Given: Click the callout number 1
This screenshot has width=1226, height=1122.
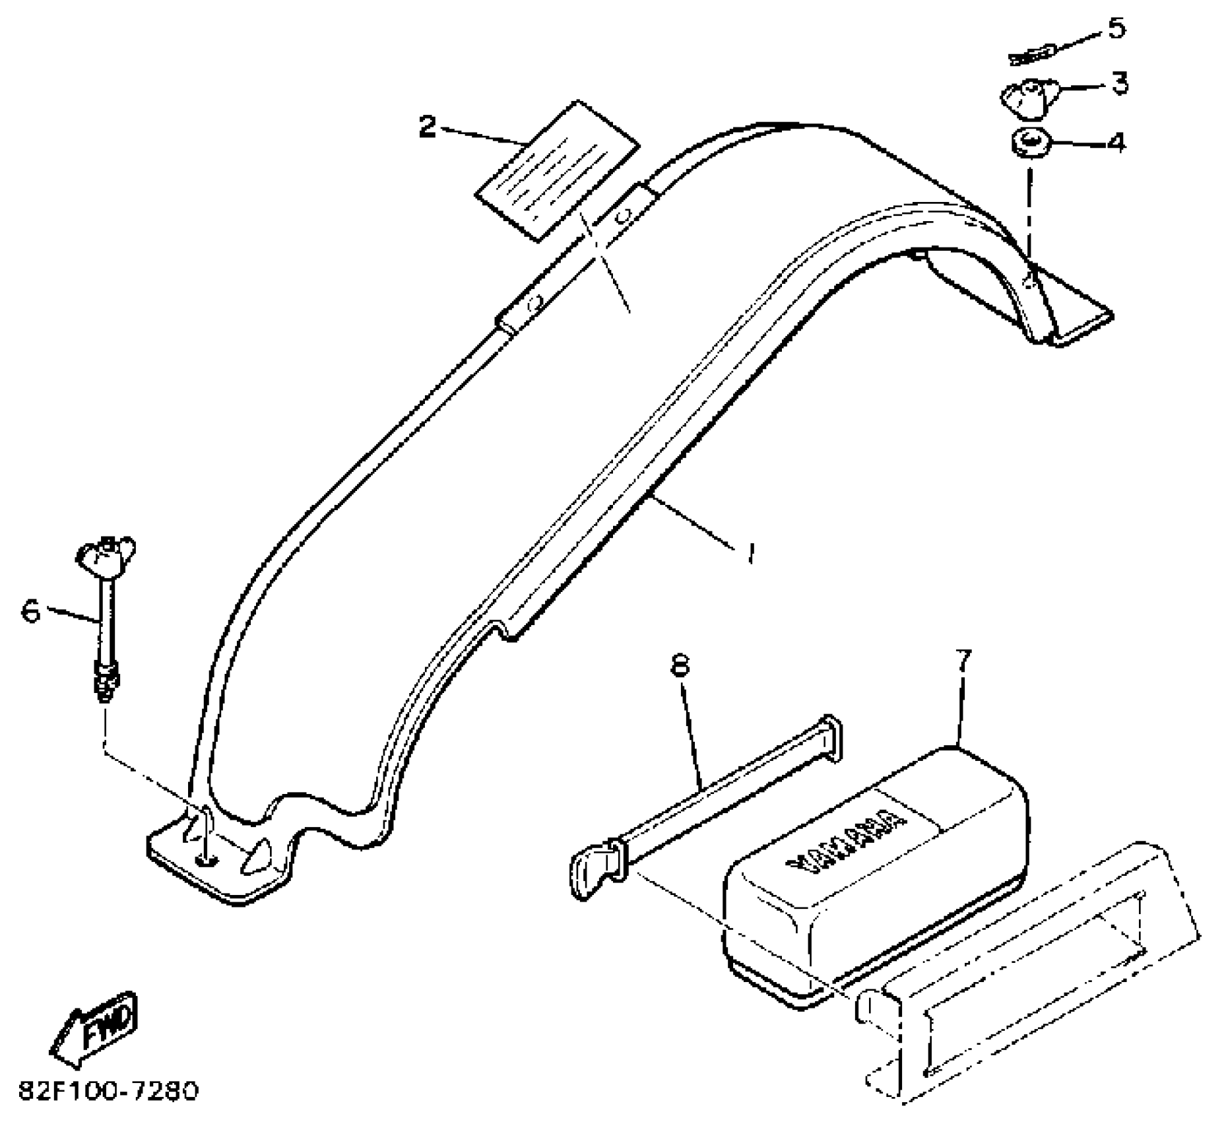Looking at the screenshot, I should click(750, 552).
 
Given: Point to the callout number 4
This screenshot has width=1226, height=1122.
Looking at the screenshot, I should click(1116, 142).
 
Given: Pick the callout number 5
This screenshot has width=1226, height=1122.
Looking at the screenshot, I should click(1116, 28).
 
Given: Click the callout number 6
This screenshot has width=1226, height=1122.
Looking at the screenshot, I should click(31, 610).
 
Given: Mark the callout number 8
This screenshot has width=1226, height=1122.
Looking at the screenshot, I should click(680, 665).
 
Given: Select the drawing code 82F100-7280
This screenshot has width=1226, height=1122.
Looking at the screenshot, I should click(108, 1092).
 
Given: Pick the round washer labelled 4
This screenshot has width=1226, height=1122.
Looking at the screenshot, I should click(1031, 143).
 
